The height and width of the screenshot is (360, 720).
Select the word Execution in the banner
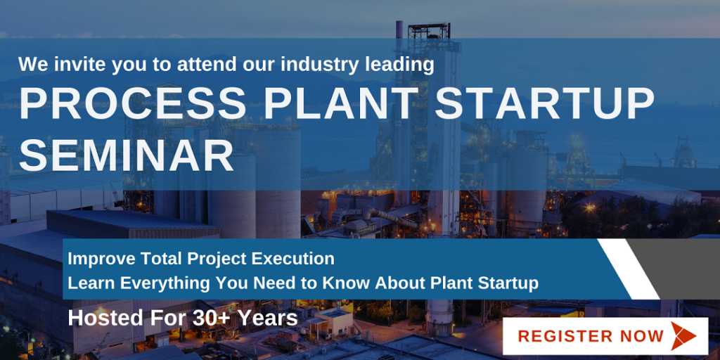coord(292,259)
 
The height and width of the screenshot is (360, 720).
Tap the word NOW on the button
coord(642,336)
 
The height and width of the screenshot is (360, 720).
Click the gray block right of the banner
coord(686,267)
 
